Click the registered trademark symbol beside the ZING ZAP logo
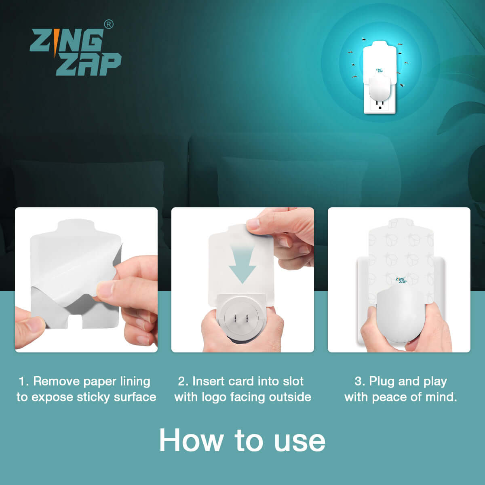tap(109, 24)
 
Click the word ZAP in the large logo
tap(89, 64)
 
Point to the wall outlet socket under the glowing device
tap(380, 104)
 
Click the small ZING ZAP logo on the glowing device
tap(379, 70)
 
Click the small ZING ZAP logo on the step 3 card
tap(401, 280)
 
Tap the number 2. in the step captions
tap(183, 381)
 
